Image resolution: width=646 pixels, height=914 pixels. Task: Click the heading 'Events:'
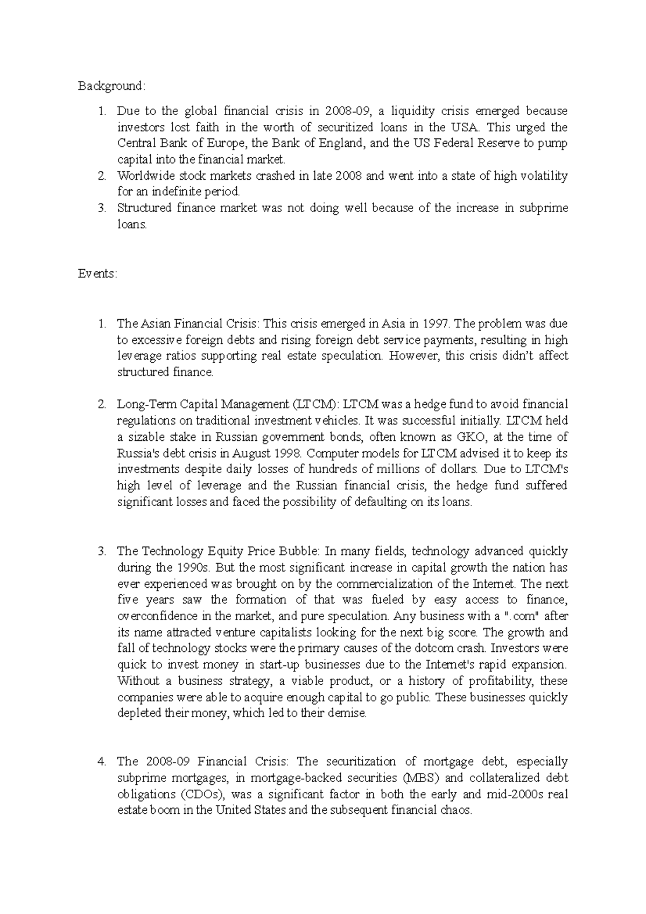click(x=97, y=273)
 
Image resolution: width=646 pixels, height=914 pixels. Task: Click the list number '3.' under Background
click(x=102, y=208)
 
